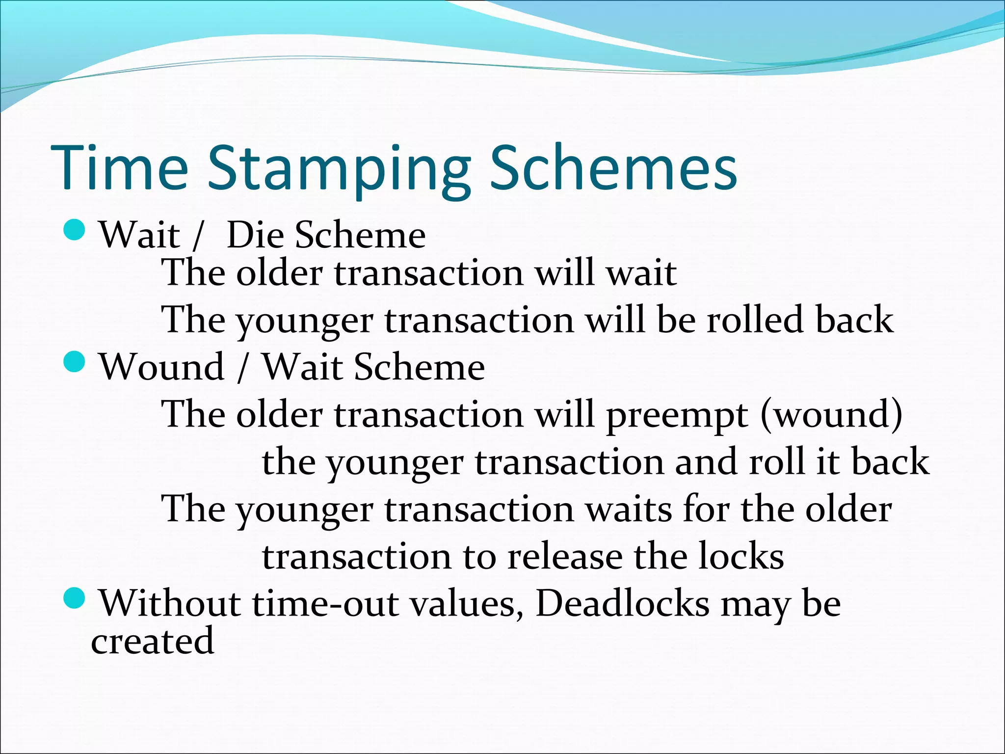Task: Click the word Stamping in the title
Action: (x=339, y=169)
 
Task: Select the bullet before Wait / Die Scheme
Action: (x=75, y=230)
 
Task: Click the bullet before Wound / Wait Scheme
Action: (x=75, y=362)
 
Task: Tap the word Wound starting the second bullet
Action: (x=162, y=367)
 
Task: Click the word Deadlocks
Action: (x=622, y=603)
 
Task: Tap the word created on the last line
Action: (x=153, y=642)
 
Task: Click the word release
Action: (x=564, y=557)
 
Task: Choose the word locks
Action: (x=741, y=557)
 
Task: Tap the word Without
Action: (x=170, y=603)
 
